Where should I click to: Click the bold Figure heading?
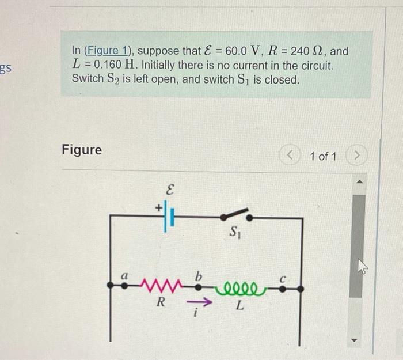click(x=82, y=150)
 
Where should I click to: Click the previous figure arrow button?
click(x=292, y=156)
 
